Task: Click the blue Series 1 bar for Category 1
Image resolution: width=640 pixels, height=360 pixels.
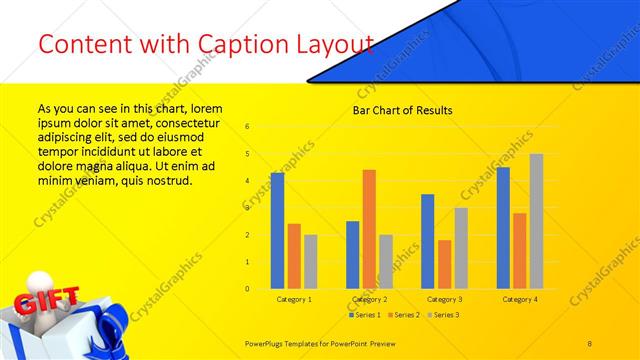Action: [x=277, y=230]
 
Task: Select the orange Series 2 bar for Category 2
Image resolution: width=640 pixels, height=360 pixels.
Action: [x=369, y=229]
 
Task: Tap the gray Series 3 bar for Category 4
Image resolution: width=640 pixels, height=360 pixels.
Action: [x=536, y=221]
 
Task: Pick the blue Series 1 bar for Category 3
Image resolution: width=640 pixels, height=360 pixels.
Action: [x=427, y=241]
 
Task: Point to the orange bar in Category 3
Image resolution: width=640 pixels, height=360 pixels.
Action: [x=444, y=264]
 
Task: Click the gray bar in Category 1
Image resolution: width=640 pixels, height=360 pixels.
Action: [x=311, y=261]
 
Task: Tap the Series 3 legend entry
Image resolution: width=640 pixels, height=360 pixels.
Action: [x=444, y=315]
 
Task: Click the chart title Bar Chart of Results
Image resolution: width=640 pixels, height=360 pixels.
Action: [x=403, y=110]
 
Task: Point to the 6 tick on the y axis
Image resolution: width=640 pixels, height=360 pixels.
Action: [x=247, y=127]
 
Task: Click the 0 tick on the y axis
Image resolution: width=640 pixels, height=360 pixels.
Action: [x=247, y=289]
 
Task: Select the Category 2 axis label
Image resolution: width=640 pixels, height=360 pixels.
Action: [x=369, y=299]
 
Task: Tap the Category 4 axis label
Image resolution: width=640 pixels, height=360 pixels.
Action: [x=519, y=299]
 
